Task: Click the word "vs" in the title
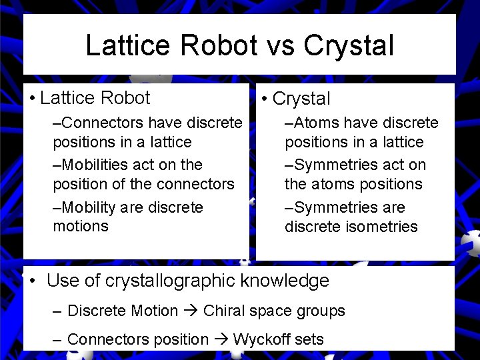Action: coord(279,45)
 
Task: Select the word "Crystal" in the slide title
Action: coord(349,45)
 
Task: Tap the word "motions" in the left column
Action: coord(80,226)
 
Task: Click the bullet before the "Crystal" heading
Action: coord(265,99)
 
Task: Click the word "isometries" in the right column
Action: coord(381,227)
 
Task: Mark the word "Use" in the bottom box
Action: coord(62,281)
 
